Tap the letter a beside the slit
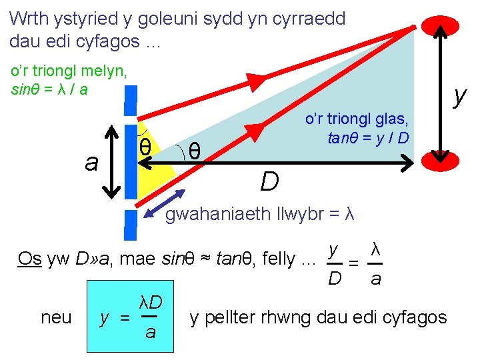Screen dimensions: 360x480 point(91,162)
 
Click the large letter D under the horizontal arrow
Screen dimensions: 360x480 point(269,181)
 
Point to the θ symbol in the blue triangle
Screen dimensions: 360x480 point(194,151)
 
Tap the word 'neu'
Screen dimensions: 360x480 point(56,317)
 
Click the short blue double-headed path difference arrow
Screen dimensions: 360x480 point(167,202)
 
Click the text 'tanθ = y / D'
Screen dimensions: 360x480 point(368,138)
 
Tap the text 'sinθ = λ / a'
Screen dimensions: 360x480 point(50,89)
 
